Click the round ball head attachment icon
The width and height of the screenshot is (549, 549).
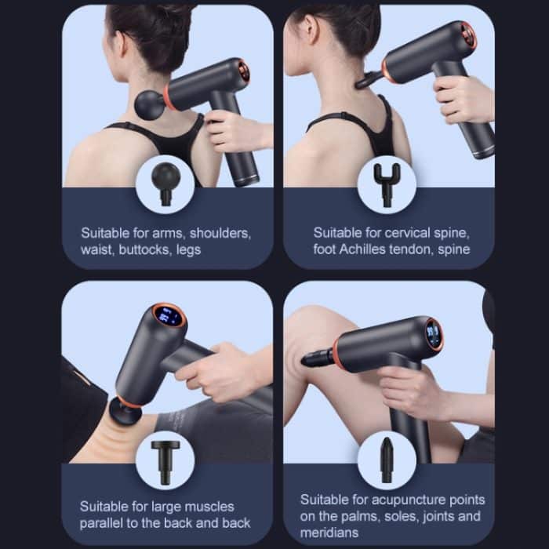[166, 178]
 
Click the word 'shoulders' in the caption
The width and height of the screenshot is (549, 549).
[220, 233]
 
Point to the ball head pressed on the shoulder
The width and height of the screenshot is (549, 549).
[148, 104]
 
